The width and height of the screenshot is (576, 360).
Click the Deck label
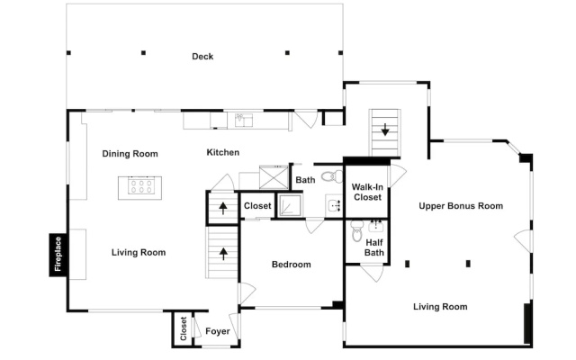pos(202,56)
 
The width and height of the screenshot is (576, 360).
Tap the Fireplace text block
pos(58,254)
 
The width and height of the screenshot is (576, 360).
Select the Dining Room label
pos(130,154)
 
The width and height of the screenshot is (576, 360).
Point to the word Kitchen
pos(223,152)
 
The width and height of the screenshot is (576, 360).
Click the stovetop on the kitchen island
pos(140,185)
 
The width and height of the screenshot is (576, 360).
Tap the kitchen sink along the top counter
pos(244,120)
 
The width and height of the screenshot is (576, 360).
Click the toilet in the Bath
pos(332,176)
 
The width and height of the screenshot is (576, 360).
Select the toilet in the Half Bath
pos(356,231)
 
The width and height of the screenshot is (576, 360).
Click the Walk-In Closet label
pos(367,192)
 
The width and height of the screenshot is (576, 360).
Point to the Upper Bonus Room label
pos(461,206)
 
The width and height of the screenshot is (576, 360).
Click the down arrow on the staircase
pos(385,130)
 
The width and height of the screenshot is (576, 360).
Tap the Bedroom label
pos(292,264)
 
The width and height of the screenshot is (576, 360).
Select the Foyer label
pos(218,331)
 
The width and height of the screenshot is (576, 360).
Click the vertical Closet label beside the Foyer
pos(184,328)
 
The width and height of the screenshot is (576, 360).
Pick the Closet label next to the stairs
pos(257,206)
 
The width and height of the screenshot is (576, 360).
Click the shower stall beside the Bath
pos(290,205)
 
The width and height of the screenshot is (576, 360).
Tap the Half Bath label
pos(374,247)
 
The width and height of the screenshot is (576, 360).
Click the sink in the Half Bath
pos(376,226)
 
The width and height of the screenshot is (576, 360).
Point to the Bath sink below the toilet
pos(334,205)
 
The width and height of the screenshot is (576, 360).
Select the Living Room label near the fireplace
pos(139,252)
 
